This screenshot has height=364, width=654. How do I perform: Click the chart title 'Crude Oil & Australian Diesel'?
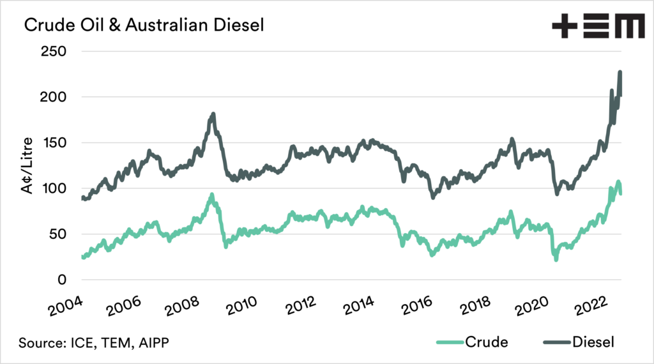point(135,26)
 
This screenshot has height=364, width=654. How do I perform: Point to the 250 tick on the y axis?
point(54,51)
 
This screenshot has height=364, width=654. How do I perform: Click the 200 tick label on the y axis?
point(54,97)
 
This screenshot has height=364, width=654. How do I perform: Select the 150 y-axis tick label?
point(54,142)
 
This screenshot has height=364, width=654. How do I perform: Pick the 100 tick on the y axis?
point(54,188)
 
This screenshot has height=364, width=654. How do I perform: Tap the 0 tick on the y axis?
point(61,280)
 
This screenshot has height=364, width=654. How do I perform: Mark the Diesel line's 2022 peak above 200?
point(620,72)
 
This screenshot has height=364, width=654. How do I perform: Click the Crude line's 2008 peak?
point(211,194)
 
